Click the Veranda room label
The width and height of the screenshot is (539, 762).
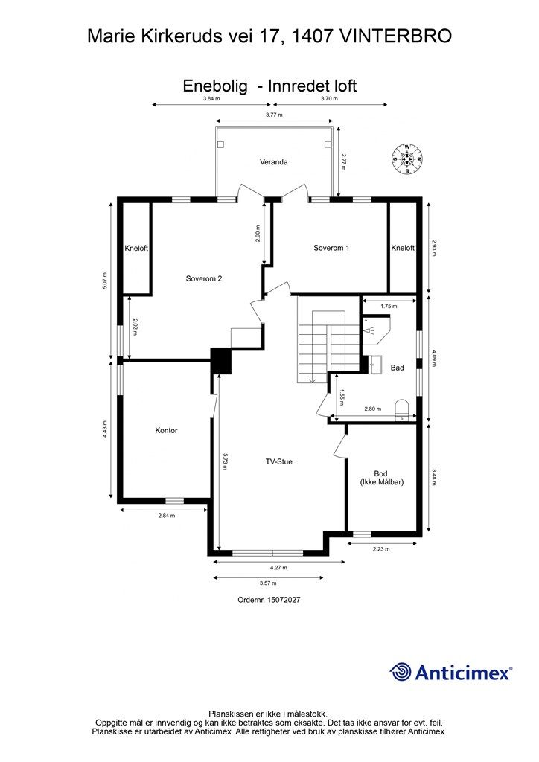[x=273, y=162]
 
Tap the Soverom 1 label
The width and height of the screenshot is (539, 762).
[x=331, y=248]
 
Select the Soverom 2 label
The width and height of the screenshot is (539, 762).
[x=204, y=279]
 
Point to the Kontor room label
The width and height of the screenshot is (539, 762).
[x=166, y=430]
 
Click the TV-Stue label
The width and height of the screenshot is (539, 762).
[x=279, y=461]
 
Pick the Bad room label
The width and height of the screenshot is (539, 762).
[x=398, y=368]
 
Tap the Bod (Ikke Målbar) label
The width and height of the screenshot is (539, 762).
[x=382, y=478]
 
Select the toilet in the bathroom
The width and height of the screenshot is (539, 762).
[x=402, y=409]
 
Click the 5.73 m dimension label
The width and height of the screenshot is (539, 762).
[x=223, y=461]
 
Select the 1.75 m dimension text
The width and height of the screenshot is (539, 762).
[x=388, y=306]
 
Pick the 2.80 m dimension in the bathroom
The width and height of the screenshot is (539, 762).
[x=373, y=409]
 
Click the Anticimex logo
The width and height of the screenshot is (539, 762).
[x=451, y=672]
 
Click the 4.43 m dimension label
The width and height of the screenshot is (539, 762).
[x=106, y=429]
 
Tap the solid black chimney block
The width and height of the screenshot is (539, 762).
[x=221, y=361]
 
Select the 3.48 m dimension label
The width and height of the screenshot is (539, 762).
[x=435, y=477]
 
